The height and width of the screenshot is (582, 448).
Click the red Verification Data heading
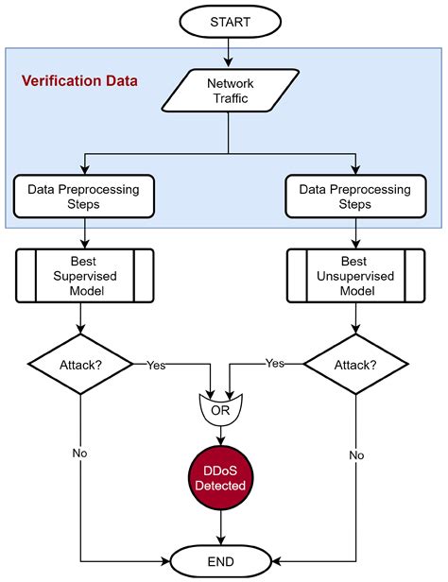80,81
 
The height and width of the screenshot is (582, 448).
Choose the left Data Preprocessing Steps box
86,197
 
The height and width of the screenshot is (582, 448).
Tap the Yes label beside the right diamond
275,363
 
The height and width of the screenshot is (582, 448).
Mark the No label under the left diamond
80,454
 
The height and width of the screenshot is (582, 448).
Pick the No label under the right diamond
356,454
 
